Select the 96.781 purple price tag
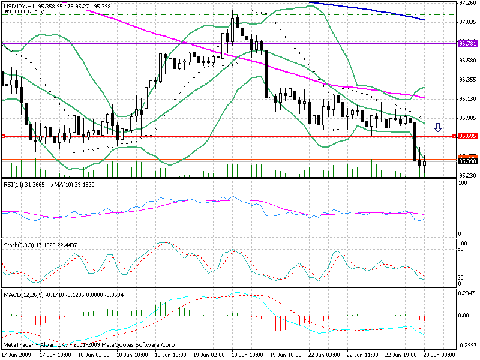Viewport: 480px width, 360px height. (467, 44)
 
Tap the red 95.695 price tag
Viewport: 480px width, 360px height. (467, 136)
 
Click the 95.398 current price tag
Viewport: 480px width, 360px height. (467, 161)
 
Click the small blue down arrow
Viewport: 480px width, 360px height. (438, 127)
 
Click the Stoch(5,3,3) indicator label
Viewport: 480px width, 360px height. (19, 245)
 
